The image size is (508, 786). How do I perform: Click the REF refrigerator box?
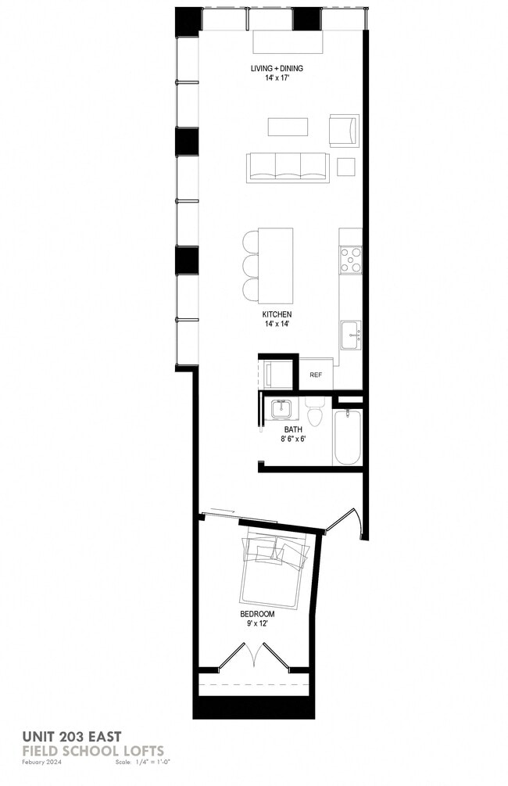click(316, 375)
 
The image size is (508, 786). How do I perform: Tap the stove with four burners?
click(351, 260)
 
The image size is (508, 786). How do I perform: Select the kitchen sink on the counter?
click(351, 336)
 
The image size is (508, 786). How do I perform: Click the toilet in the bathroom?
click(316, 412)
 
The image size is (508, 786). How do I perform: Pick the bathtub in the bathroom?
click(347, 438)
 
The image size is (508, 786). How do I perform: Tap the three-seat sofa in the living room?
click(287, 167)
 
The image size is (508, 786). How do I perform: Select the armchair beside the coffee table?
click(344, 130)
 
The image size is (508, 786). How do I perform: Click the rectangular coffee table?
click(288, 127)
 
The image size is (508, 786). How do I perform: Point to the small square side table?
click(346, 167)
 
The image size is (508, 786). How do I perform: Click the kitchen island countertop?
click(276, 266)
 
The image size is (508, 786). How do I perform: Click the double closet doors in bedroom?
click(255, 655)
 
